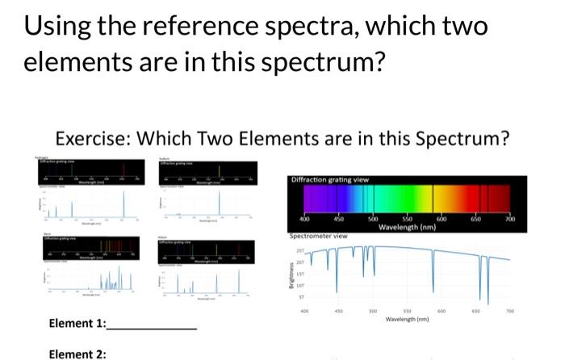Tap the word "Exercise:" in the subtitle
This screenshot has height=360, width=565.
(x=93, y=139)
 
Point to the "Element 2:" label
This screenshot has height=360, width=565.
(x=77, y=354)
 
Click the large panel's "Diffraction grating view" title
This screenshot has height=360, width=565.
(x=329, y=179)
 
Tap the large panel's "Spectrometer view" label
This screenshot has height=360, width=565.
(x=319, y=236)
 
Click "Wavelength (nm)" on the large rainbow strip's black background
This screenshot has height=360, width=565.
(x=407, y=227)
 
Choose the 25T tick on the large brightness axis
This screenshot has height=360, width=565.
(x=300, y=250)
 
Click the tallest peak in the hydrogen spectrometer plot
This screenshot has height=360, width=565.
(x=124, y=206)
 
